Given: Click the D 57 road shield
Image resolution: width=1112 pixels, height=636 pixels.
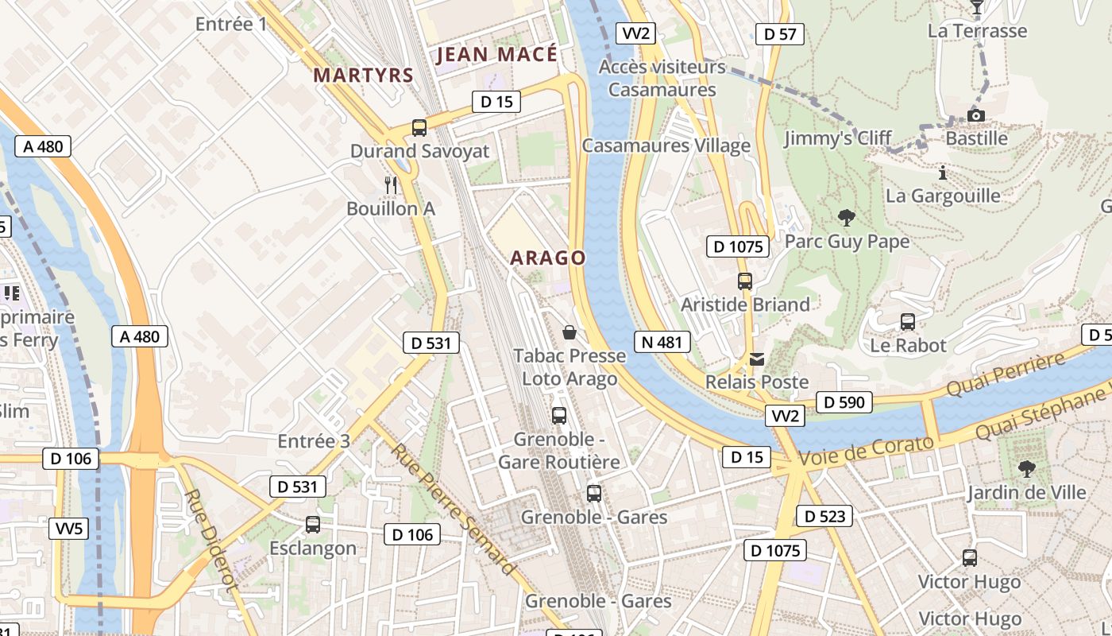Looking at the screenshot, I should coord(779,34).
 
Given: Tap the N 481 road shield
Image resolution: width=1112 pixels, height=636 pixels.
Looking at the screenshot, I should coord(662,343).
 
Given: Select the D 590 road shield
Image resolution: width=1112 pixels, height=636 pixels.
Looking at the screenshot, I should coord(844,402).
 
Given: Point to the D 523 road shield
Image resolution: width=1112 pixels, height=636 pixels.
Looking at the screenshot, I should coord(824,516).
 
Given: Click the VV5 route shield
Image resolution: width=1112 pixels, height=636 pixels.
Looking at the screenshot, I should coord(69,529).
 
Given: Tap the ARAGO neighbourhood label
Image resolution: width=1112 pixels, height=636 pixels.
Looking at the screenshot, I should coord(547,258).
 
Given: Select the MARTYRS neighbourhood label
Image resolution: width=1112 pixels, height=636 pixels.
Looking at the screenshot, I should coord(363,76).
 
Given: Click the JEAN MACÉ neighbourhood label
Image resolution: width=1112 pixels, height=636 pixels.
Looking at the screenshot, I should coord(497,55).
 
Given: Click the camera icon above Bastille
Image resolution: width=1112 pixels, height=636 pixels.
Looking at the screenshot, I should coord(976,116).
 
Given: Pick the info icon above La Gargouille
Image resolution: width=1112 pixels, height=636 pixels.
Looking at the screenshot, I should coord(942,173).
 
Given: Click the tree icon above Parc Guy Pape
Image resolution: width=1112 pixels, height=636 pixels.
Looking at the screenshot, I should coord(847,218).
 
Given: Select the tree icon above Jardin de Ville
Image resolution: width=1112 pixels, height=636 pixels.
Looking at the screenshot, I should coord(1026,469).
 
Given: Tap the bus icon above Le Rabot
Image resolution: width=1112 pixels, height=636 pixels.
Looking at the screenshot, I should coord(908,322).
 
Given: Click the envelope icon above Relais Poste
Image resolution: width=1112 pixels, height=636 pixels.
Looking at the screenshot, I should coord(757,359).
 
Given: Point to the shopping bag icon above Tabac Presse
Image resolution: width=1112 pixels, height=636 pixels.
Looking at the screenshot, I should coord(569,332).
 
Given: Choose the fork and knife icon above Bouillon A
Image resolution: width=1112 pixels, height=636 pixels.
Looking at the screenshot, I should coord(390,185).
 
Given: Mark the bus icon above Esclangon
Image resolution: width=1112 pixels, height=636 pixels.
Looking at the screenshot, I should coord(313,525).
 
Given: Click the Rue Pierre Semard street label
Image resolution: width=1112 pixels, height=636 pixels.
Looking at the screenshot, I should coord(452,509).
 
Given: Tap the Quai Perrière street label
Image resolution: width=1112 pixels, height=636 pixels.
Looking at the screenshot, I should coord(1006,376).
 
